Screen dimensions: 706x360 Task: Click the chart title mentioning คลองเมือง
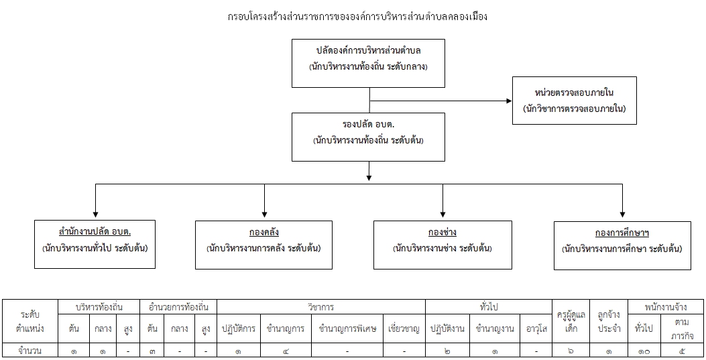(x=357, y=17)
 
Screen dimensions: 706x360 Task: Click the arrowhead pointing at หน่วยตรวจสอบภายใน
(x=510, y=101)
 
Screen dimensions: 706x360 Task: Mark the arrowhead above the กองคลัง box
(x=264, y=215)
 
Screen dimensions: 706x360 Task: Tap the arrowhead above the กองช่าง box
(x=443, y=215)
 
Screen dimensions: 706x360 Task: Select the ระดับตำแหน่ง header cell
(x=30, y=321)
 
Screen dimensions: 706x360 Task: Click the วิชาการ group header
(x=321, y=307)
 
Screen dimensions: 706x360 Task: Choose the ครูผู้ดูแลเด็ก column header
(x=571, y=321)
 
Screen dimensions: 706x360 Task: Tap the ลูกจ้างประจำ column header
(x=609, y=321)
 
